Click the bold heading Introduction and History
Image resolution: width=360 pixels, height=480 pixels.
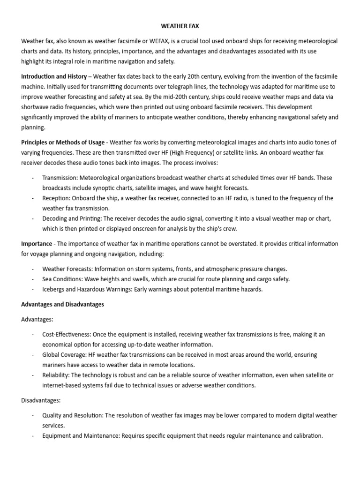54,76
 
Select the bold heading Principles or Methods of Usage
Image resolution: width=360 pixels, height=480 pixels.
63,142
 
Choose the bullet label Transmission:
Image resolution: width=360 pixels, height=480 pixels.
60,178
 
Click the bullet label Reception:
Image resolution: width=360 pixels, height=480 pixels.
57,198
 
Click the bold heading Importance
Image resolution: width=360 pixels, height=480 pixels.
37,244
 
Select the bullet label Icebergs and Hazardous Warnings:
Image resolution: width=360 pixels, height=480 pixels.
87,290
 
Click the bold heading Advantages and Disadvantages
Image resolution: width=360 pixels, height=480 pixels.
62,305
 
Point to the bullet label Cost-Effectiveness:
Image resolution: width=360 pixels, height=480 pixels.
67,335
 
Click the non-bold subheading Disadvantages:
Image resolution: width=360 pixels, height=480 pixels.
40,401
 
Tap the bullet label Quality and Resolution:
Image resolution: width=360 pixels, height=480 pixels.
73,416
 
